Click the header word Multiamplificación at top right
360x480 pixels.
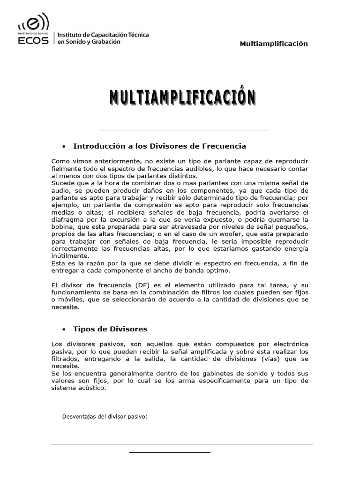tap(274, 44)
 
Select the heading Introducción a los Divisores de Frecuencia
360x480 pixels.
tap(159, 146)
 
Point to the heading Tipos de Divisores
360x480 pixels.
tap(110, 329)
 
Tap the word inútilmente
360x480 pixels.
tap(69, 256)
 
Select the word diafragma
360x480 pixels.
tap(67, 219)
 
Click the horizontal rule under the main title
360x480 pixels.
tap(185, 129)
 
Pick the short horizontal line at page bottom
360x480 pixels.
tap(170, 452)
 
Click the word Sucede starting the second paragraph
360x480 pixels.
tap(63, 183)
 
